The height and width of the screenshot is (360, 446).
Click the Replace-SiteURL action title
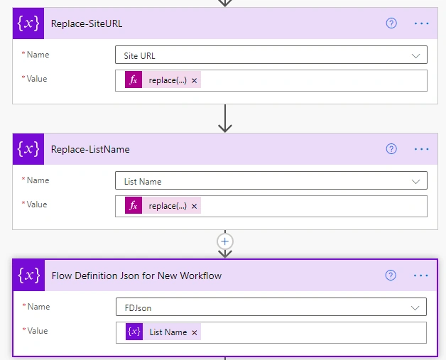(x=87, y=23)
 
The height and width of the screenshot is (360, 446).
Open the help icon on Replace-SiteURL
(x=391, y=23)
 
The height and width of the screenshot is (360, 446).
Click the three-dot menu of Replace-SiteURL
(x=421, y=23)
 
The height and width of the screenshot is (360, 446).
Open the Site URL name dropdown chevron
(x=415, y=55)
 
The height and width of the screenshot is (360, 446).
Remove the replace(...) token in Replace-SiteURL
(x=195, y=80)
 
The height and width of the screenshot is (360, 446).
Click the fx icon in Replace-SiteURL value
(x=134, y=80)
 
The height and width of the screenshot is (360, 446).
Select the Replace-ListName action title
(x=90, y=149)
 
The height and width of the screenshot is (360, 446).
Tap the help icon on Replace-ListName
(x=391, y=148)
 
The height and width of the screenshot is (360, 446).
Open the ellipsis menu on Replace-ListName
(x=421, y=149)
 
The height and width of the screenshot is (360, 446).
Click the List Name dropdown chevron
(x=415, y=182)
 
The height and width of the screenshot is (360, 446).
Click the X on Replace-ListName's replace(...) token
(x=195, y=206)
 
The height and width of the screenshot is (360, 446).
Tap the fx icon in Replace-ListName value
(x=134, y=206)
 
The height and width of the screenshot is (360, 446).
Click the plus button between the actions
(x=225, y=241)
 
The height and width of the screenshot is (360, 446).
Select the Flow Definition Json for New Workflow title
(x=136, y=276)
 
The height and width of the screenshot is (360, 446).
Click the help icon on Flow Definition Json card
(x=391, y=275)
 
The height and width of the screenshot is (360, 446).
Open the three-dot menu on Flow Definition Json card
(x=420, y=276)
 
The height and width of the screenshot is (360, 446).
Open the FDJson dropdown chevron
(x=415, y=307)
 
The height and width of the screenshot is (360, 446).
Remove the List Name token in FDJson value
(x=195, y=332)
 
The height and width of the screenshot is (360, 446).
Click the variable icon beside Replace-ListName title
(x=28, y=149)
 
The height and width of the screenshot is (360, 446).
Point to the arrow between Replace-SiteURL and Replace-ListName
(x=225, y=119)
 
